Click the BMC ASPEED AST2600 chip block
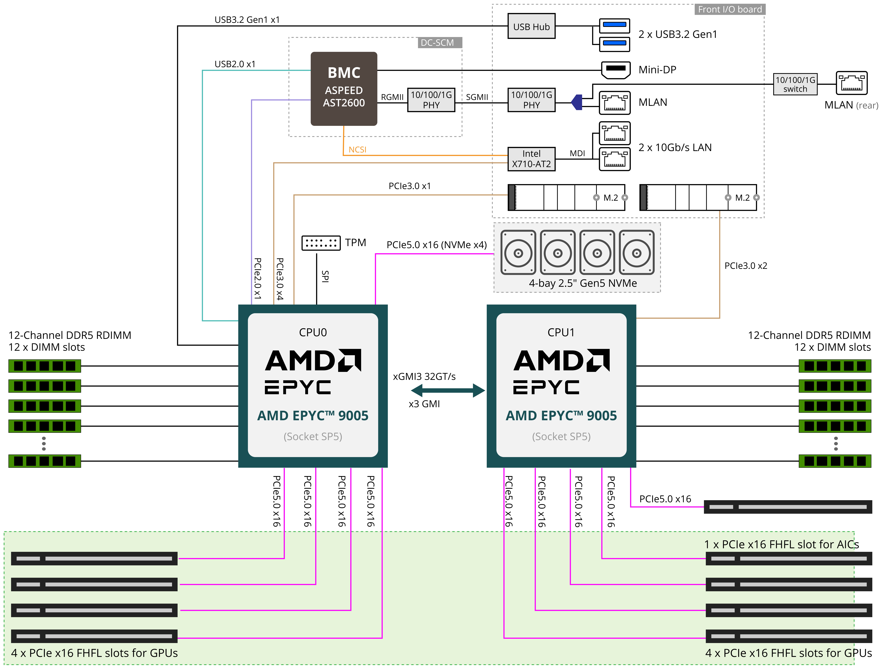pos(344,88)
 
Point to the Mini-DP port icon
pos(615,70)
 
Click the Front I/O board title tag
pos(730,9)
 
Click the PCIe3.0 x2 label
pos(745,266)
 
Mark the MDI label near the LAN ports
pos(577,153)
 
